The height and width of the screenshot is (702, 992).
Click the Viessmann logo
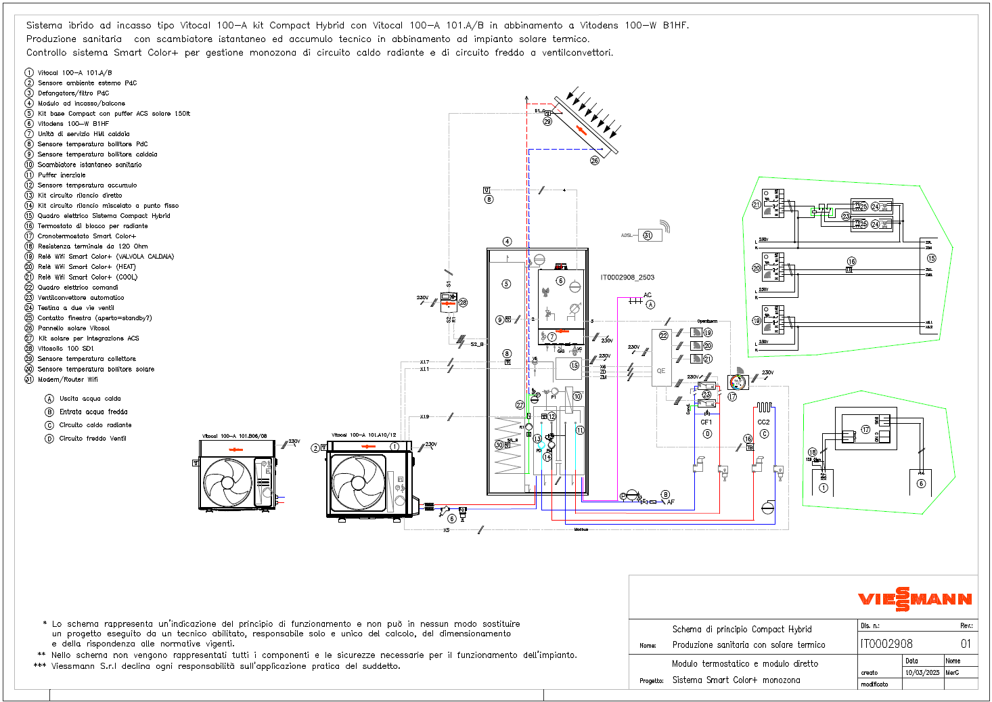[x=915, y=599]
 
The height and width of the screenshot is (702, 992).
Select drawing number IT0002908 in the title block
[x=886, y=644]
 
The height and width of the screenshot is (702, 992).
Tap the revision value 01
[x=966, y=644]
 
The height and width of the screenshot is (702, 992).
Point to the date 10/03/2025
[x=922, y=673]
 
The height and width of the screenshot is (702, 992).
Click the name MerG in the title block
[x=952, y=673]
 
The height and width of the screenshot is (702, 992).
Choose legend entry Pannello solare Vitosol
[x=73, y=328]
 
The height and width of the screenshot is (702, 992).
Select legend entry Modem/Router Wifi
[x=68, y=380]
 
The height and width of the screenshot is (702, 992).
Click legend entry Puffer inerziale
[x=62, y=175]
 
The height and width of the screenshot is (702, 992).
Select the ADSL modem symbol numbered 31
[x=648, y=235]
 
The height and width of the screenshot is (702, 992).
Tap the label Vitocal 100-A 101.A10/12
[x=363, y=435]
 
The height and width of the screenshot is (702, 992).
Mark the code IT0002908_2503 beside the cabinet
[x=627, y=278]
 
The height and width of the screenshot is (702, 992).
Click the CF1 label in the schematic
[x=706, y=422]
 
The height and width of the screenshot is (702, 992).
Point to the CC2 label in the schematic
[x=763, y=422]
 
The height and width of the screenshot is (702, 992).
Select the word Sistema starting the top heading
[x=44, y=26]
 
